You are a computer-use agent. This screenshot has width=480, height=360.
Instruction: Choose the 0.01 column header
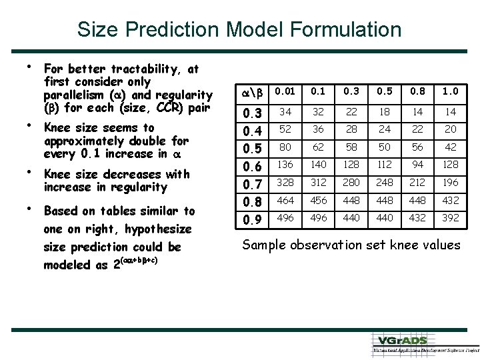tap(285, 91)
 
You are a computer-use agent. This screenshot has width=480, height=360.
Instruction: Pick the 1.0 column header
tap(451, 91)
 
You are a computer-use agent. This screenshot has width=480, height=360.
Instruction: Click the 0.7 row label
tap(251, 183)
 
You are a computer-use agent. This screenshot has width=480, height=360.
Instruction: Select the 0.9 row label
tap(251, 219)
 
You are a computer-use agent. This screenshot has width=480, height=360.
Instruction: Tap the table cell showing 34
tap(285, 111)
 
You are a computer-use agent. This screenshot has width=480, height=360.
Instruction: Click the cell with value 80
tap(285, 147)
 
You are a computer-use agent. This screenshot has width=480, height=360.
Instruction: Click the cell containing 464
tap(285, 201)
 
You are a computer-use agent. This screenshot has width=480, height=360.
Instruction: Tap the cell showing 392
tap(451, 219)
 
